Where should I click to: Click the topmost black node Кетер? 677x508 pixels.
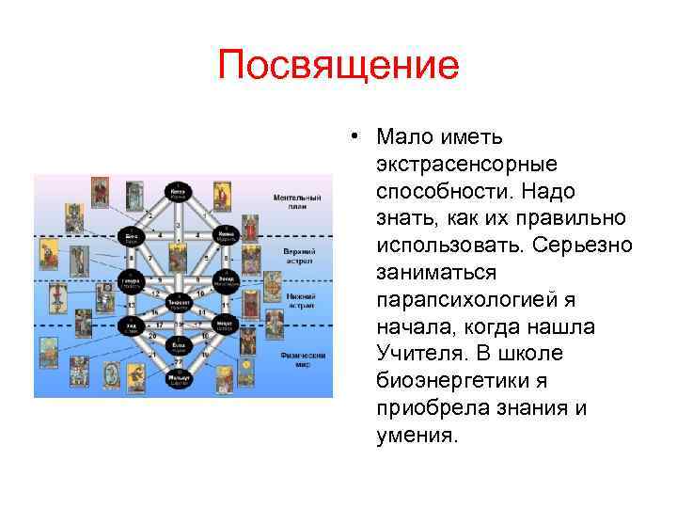pos(176,188)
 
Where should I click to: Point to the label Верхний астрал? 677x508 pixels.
pos(303,257)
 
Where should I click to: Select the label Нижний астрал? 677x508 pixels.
pos(303,299)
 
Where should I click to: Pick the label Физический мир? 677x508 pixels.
pos(303,359)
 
